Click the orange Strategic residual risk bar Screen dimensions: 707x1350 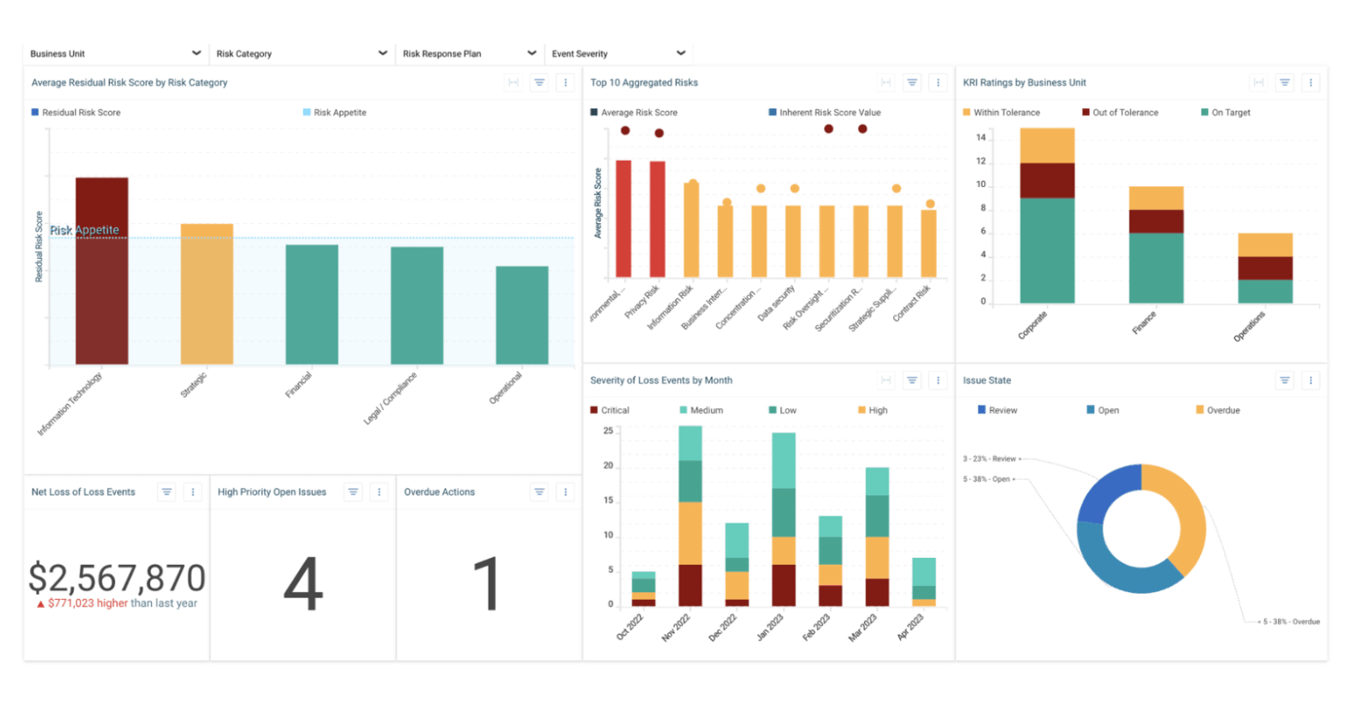[207, 293]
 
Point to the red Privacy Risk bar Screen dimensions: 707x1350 [657, 220]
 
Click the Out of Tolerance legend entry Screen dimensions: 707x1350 [1120, 112]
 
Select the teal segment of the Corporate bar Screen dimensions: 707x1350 [1047, 250]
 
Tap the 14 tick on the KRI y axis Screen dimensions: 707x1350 [981, 138]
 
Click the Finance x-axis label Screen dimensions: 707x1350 [1143, 323]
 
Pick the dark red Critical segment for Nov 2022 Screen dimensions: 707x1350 [691, 585]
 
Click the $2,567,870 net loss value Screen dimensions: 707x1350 [117, 578]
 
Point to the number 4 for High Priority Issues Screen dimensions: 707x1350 [303, 584]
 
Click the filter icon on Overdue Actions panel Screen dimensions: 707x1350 [540, 492]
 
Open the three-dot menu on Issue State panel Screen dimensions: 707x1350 [1310, 380]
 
